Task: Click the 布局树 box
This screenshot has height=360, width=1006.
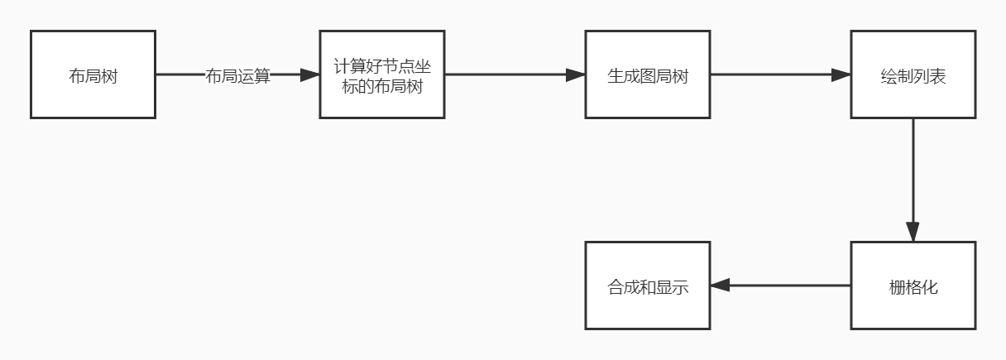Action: tap(93, 74)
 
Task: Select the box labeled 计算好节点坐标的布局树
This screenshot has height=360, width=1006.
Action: tap(382, 74)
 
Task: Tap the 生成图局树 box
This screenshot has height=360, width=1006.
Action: tap(648, 74)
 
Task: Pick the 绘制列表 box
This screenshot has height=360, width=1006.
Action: tap(913, 74)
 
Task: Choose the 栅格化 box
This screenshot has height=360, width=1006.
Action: tap(913, 286)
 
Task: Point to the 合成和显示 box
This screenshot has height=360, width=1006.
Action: tap(648, 286)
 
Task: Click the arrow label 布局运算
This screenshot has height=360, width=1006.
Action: tap(237, 75)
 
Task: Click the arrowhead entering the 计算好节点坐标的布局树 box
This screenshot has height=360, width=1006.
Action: tap(310, 74)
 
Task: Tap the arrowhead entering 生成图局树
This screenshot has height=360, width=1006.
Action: tap(575, 74)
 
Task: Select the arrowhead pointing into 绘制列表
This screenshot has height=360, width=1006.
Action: tap(841, 74)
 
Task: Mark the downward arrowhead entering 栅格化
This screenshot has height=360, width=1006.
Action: tap(913, 232)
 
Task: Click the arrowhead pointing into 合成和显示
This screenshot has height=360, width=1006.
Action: tap(720, 286)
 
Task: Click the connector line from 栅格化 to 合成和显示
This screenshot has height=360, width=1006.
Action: tap(780, 286)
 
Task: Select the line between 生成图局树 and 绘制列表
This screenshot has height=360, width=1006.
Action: tap(780, 74)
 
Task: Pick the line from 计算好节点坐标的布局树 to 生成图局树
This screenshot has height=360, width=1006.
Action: tap(515, 74)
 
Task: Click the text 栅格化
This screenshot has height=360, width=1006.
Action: tap(913, 287)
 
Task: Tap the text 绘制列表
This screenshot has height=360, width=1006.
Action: tap(913, 76)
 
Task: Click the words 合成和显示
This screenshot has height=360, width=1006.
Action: tap(648, 287)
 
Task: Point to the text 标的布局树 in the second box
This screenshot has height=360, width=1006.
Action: tap(382, 86)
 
